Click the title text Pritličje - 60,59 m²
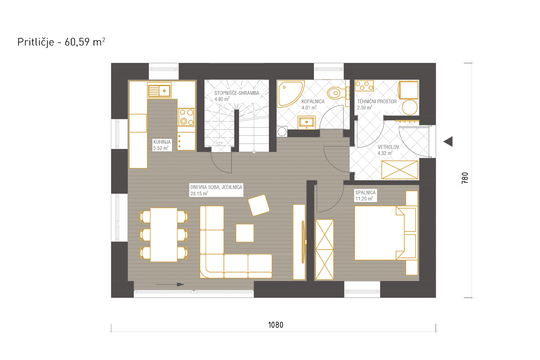(61, 42)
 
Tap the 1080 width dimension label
(276, 325)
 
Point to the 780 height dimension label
(465, 178)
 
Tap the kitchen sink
(159, 91)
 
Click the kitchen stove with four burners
(186, 117)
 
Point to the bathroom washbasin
(307, 122)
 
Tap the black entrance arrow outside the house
(448, 141)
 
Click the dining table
(164, 235)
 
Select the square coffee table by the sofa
(245, 233)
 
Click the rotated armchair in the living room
(259, 205)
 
